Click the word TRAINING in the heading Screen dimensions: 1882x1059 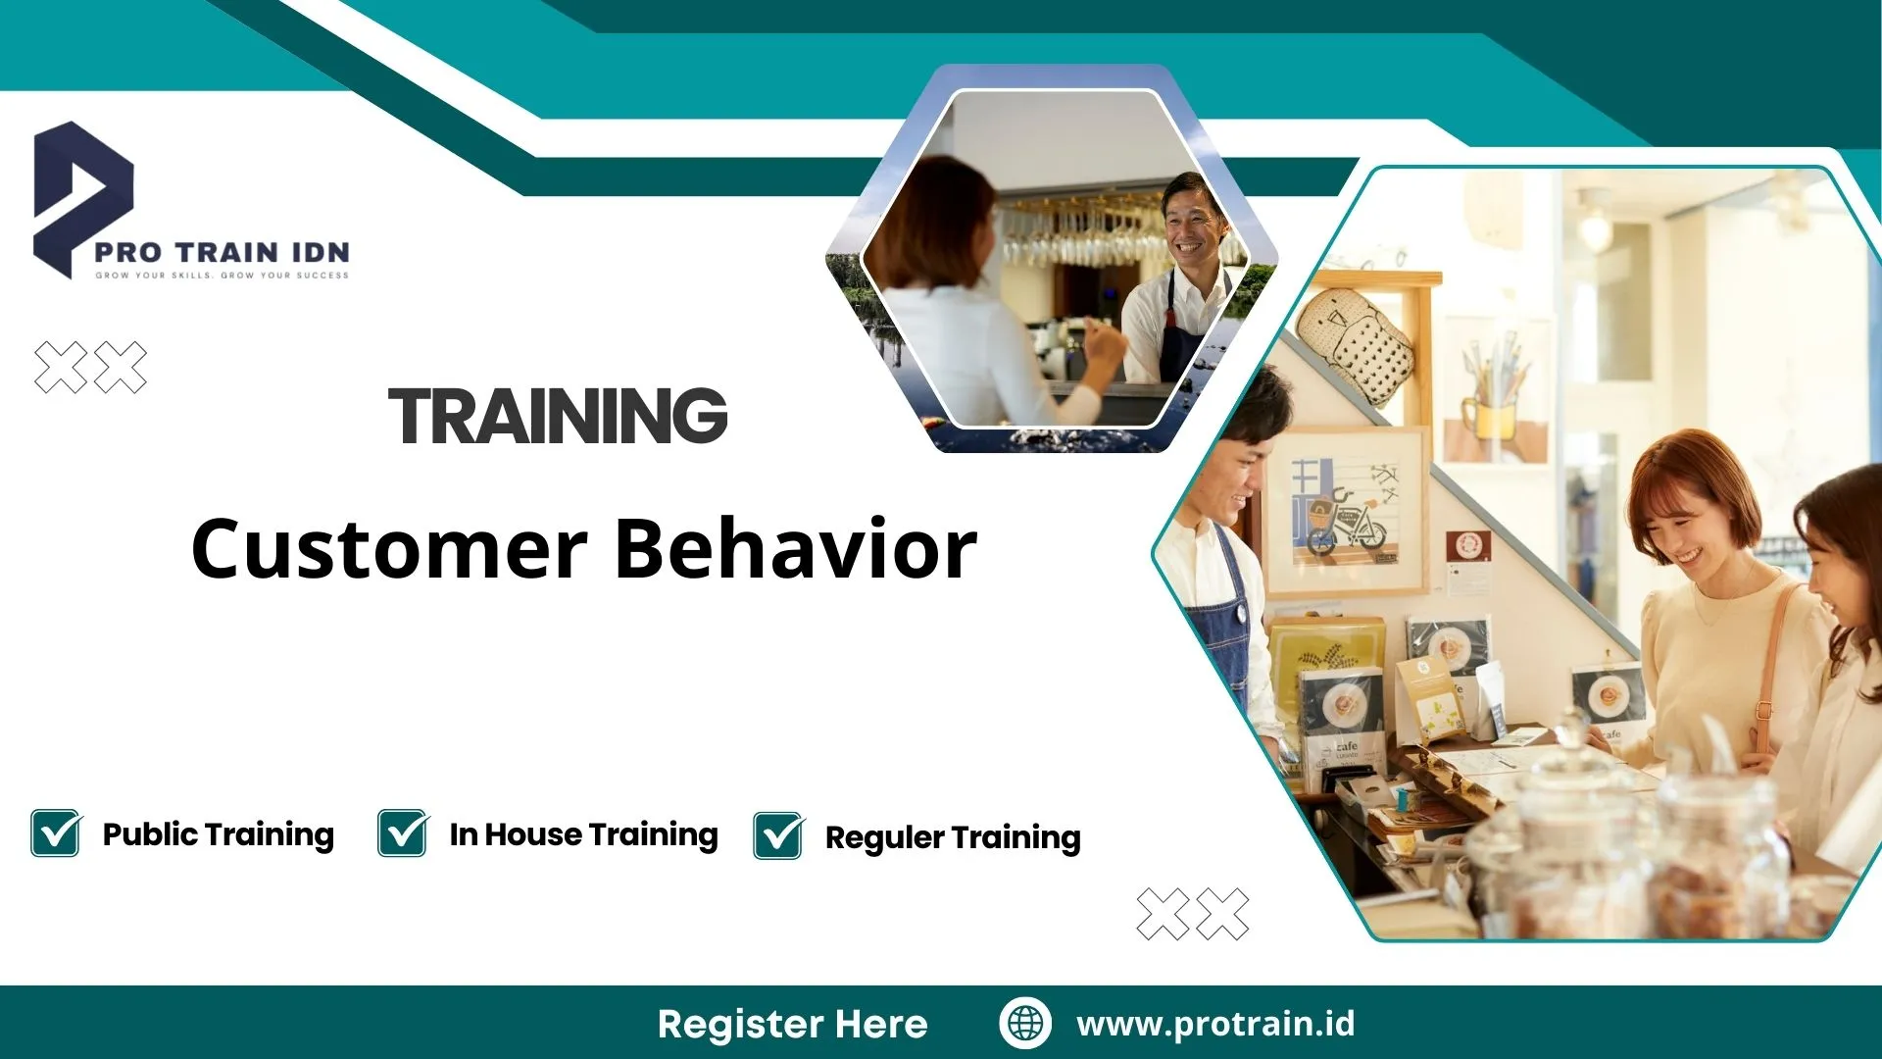coord(558,416)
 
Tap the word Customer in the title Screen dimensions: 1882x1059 coord(389,548)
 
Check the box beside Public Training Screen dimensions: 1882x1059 coord(56,833)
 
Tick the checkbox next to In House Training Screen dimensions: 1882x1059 coord(403,833)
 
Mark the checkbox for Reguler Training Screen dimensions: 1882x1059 coord(779,836)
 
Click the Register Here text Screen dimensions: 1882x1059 coord(792,1024)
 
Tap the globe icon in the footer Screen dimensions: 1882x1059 coord(1025,1023)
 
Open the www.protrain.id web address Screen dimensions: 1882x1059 coord(1215,1024)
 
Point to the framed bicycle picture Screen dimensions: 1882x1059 coord(1343,511)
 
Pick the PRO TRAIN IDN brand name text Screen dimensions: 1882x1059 coord(223,252)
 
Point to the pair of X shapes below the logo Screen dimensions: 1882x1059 coord(90,368)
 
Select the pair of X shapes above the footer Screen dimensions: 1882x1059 coord(1193,914)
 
